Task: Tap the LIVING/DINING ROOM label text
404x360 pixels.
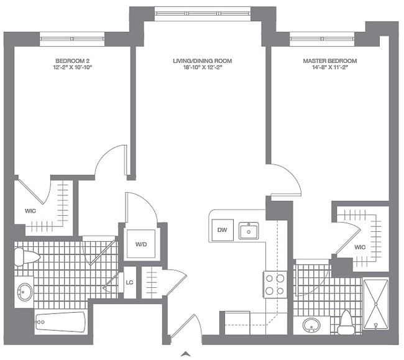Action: (x=202, y=61)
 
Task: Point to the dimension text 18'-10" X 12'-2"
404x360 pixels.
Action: (x=202, y=68)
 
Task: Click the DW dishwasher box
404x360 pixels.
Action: (x=222, y=231)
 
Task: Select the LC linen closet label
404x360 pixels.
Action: (x=129, y=283)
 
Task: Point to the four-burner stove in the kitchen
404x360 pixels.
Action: (x=275, y=284)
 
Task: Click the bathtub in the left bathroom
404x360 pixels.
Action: (x=60, y=322)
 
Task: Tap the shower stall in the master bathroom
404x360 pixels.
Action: (x=375, y=304)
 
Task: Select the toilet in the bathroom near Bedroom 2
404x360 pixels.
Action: (x=25, y=256)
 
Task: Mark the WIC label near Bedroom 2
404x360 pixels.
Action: (x=30, y=211)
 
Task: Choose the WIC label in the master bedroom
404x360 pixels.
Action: (x=359, y=247)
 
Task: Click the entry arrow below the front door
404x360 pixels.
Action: (x=185, y=354)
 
